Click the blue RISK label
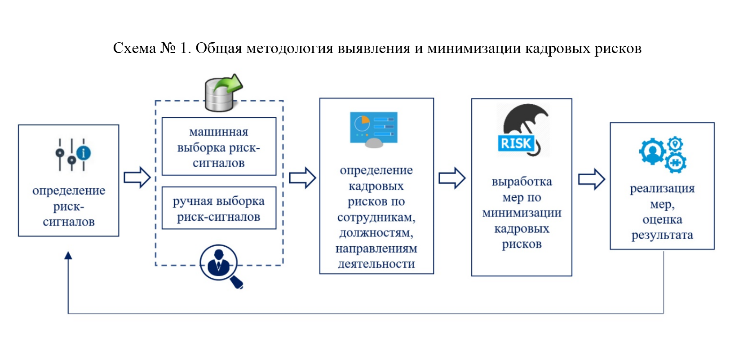516,143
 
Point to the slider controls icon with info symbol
73,155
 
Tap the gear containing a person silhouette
652,151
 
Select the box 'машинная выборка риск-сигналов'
219,147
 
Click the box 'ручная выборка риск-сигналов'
219,208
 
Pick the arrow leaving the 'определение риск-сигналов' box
137,178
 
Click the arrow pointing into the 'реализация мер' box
592,179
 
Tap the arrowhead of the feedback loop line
68,255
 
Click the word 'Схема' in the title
135,48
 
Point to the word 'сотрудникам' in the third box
376,217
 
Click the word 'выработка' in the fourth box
522,181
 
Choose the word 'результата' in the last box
662,235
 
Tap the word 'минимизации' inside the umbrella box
522,213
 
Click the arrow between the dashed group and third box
302,178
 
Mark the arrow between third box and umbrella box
452,178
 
